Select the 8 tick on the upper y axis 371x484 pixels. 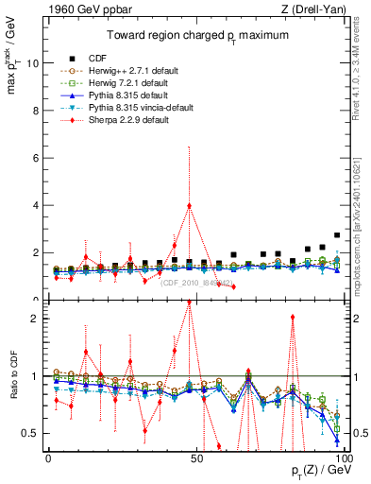tap(40, 111)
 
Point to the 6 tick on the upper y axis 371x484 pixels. tap(40, 158)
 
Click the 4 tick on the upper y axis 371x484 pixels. tap(40, 205)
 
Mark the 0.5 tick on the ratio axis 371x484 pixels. tap(35, 433)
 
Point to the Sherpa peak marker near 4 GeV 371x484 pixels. tap(189, 205)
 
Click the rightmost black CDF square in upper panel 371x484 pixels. tap(337, 235)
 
